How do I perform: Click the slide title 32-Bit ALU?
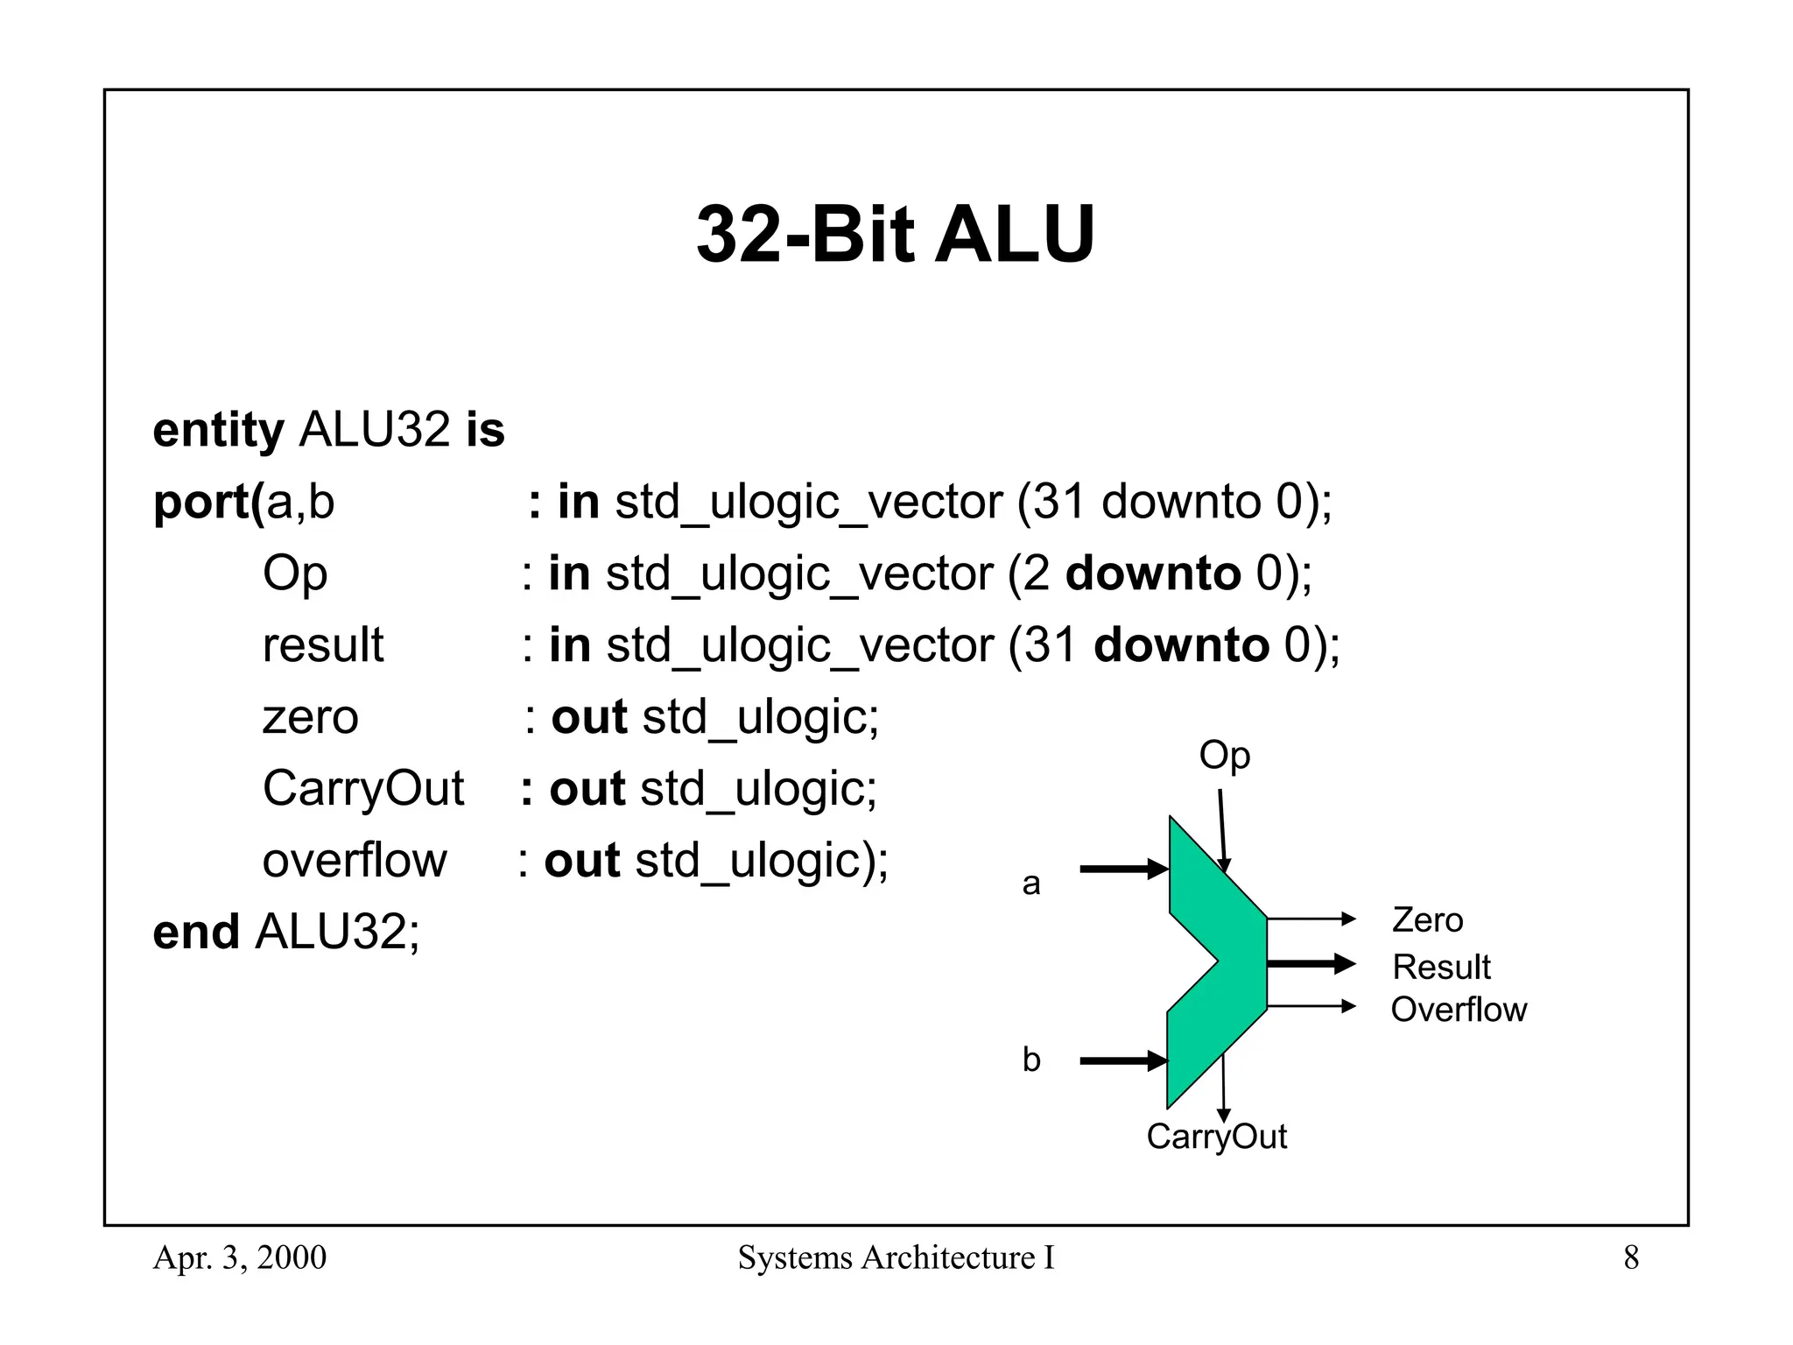coord(895,234)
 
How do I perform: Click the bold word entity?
coord(218,431)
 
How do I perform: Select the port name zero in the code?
coord(310,717)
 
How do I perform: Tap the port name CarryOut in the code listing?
coord(362,789)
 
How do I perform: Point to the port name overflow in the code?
coord(354,861)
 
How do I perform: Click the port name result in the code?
coord(322,645)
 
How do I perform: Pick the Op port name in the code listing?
coord(294,574)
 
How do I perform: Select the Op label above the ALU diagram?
coord(1224,756)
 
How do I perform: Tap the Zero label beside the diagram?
coord(1427,920)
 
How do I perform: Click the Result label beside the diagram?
coord(1441,968)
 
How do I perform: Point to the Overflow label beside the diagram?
coord(1459,1010)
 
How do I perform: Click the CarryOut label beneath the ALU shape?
coord(1216,1137)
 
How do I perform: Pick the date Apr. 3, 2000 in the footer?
coord(239,1258)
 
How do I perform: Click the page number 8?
coord(1631,1258)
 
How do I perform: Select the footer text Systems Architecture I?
coord(896,1258)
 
